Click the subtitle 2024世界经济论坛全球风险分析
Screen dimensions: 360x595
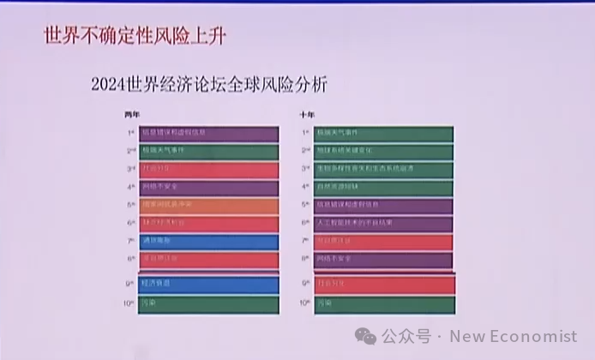208,86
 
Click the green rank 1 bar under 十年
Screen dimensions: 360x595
383,134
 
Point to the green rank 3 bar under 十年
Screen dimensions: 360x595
383,170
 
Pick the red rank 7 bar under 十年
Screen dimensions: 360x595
383,242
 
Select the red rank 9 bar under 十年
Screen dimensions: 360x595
383,282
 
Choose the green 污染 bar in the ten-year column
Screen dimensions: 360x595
383,303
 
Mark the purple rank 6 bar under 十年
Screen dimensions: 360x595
383,224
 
